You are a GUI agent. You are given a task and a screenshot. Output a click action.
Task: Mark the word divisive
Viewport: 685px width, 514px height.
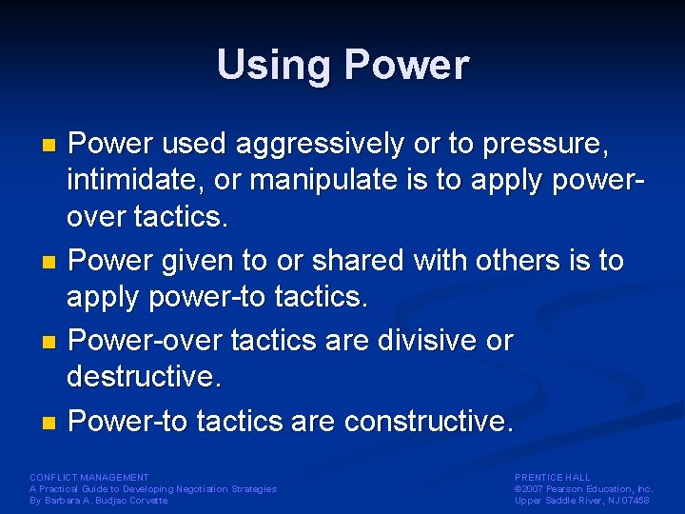pyautogui.click(x=420, y=340)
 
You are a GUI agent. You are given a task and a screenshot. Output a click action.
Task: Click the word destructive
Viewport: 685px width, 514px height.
pyautogui.click(x=143, y=377)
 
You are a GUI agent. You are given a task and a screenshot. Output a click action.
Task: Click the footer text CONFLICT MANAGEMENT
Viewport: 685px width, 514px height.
pyautogui.click(x=89, y=477)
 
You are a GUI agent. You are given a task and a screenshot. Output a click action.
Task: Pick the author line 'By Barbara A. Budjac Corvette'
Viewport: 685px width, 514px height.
pyautogui.click(x=98, y=501)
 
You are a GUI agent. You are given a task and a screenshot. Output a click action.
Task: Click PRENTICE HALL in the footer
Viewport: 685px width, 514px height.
pyautogui.click(x=552, y=477)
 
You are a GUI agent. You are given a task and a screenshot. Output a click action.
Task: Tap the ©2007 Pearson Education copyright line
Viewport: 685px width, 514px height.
pyautogui.click(x=583, y=488)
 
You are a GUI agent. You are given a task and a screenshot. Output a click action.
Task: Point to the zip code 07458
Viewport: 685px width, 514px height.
pyautogui.click(x=636, y=501)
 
